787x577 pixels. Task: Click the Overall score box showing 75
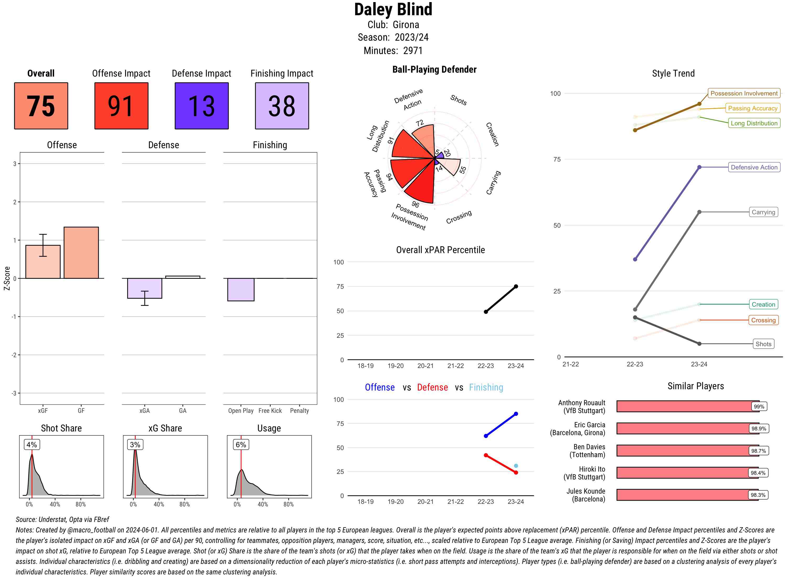click(x=41, y=106)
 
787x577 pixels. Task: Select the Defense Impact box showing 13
click(x=201, y=106)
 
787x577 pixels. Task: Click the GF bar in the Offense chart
click(x=81, y=253)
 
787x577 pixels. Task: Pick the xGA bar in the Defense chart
click(x=145, y=288)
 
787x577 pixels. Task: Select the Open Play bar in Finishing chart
click(x=241, y=289)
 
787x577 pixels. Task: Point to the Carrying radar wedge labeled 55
click(x=451, y=166)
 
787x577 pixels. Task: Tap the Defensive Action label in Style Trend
click(x=754, y=167)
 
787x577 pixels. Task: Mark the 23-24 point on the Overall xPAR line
click(x=516, y=286)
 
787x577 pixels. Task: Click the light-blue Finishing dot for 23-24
click(x=516, y=466)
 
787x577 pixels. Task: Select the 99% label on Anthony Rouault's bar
click(x=759, y=407)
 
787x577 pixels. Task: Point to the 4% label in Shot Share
click(x=31, y=445)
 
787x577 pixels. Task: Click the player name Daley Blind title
click(x=393, y=9)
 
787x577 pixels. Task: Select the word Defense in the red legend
click(x=432, y=387)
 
